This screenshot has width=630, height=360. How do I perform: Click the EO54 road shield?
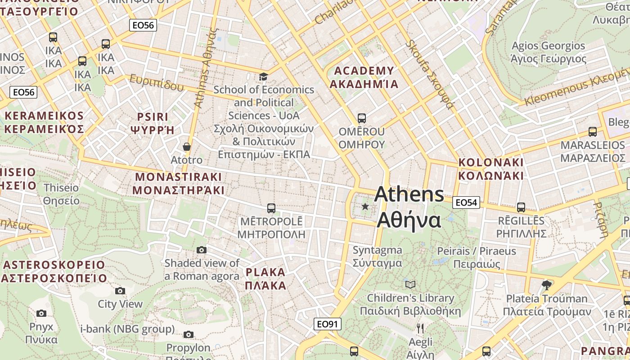click(466, 202)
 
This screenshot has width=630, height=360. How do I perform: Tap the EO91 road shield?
click(328, 324)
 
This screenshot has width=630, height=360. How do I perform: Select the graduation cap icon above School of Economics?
click(263, 77)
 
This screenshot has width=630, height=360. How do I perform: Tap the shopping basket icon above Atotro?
click(187, 147)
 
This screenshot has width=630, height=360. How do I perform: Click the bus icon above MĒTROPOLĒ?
click(271, 208)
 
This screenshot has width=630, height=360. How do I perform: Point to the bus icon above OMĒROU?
click(361, 118)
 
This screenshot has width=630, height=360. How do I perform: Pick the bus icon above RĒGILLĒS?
click(521, 207)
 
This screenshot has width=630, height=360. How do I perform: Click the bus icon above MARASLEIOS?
click(593, 132)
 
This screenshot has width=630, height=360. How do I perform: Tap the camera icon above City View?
click(120, 291)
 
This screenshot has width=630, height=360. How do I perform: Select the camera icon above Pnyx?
click(41, 313)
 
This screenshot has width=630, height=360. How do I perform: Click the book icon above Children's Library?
click(410, 284)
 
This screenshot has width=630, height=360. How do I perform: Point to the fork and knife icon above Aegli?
click(420, 328)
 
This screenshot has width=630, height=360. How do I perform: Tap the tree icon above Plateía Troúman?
click(547, 285)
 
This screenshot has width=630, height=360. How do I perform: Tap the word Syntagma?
click(377, 250)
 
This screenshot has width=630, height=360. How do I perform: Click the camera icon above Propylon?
click(189, 334)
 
